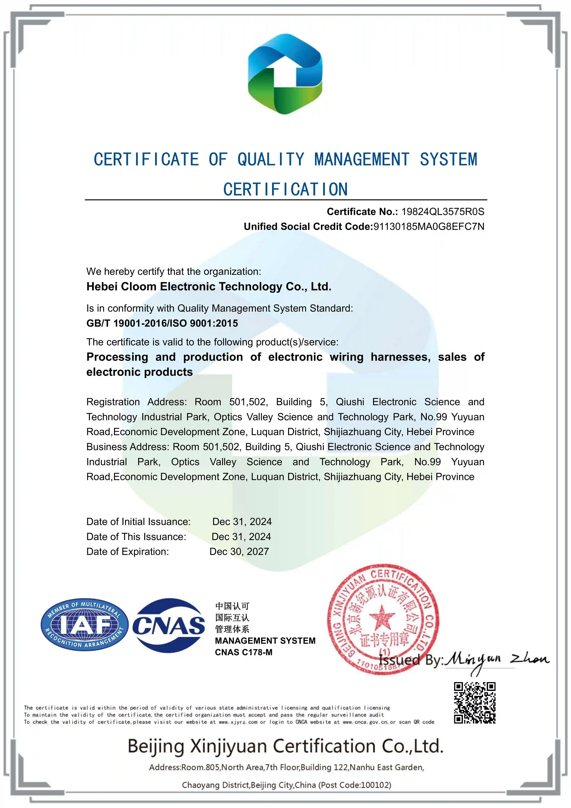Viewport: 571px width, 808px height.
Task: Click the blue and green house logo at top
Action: (285, 74)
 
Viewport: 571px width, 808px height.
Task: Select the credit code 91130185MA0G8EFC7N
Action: (429, 227)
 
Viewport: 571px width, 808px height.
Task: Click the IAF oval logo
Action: (84, 625)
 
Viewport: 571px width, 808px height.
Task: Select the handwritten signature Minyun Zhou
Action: (496, 661)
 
